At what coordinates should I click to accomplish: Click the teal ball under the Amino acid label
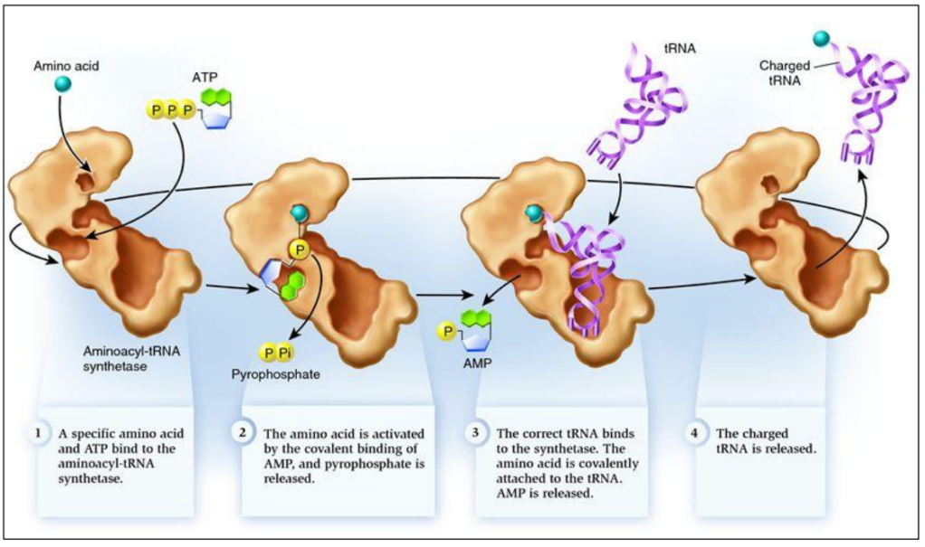[63, 84]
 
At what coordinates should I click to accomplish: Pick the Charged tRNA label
[785, 72]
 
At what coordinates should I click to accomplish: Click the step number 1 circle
[37, 432]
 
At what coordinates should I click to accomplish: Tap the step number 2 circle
[243, 432]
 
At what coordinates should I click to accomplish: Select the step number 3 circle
[477, 432]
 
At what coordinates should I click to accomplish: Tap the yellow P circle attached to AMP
[446, 332]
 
